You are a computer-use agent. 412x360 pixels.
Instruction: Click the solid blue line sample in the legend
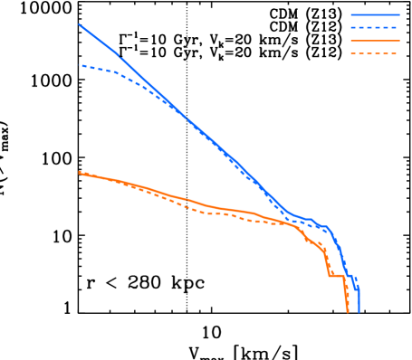click(375, 14)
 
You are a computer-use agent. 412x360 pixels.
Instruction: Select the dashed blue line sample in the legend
click(375, 28)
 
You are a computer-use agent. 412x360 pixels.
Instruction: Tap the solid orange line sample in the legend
click(375, 42)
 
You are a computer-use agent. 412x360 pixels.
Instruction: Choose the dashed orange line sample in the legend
click(375, 54)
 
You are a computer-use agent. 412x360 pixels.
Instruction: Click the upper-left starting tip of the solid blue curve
click(80, 24)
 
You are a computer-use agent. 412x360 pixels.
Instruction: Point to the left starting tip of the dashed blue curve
click(81, 66)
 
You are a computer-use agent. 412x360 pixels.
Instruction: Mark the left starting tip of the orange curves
click(80, 172)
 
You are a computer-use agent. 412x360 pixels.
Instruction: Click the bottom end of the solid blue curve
click(359, 311)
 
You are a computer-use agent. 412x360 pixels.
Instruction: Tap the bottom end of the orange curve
click(348, 311)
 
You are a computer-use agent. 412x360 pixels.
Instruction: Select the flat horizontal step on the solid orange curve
click(336, 276)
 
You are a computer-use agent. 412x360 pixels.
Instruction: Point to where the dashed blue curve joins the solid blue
click(172, 106)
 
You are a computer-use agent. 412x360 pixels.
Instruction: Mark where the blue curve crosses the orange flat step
click(347, 276)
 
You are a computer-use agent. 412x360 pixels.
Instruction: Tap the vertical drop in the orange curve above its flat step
click(328, 264)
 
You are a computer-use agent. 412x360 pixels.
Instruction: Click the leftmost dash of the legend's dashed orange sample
click(354, 54)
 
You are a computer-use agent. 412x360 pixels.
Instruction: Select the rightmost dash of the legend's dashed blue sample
click(394, 28)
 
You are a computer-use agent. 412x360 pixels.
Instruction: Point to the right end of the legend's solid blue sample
click(398, 14)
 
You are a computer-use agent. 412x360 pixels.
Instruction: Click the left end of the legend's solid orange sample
click(351, 42)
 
